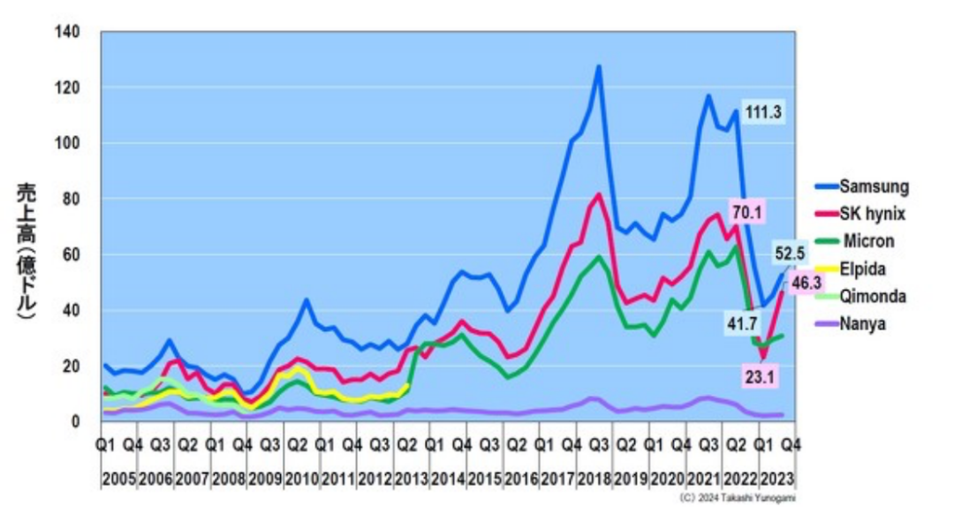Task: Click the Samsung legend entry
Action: pos(873,186)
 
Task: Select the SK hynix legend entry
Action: pos(872,214)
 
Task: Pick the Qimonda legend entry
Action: pos(873,296)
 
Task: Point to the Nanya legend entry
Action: pos(863,323)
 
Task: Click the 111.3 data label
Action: pos(764,112)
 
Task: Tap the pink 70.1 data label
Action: pos(746,211)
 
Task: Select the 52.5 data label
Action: pos(790,253)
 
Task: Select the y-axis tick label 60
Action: pos(72,255)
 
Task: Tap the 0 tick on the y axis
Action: pos(76,422)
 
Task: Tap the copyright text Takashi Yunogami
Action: pos(739,498)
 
